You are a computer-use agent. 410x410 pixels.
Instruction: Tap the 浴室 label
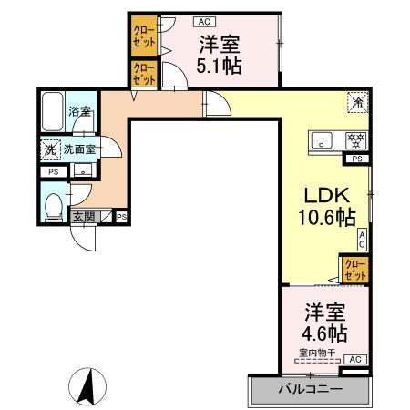pos(80,112)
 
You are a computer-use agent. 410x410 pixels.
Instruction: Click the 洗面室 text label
pos(80,149)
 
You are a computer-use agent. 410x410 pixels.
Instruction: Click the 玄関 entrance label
pos(84,217)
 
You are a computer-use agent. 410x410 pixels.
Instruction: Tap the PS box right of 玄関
pos(121,217)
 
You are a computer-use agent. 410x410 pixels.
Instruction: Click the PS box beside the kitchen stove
pos(358,159)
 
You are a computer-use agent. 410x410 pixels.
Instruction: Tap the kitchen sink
pos(323,140)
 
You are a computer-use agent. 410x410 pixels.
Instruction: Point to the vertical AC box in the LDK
pos(362,240)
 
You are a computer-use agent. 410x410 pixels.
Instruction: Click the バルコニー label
pos(310,390)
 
